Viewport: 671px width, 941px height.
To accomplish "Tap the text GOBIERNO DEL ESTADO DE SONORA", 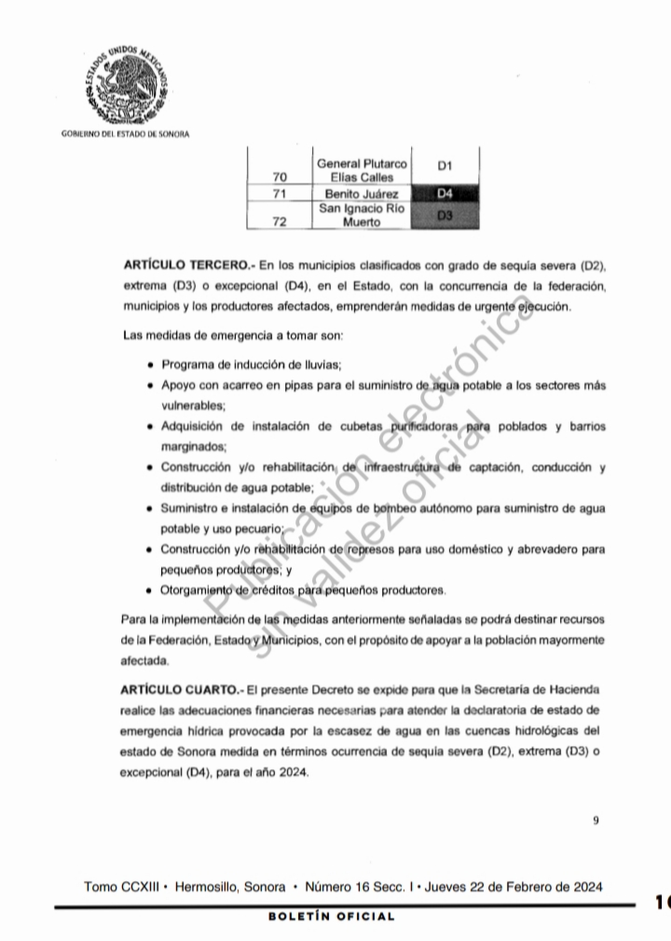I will (124, 133).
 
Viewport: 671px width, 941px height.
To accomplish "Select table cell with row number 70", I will (280, 177).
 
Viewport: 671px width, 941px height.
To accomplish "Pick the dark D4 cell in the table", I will (445, 194).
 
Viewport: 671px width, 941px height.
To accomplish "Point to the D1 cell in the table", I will (445, 166).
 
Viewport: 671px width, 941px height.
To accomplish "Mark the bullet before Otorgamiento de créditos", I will (151, 590).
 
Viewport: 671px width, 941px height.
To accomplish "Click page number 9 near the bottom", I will (595, 821).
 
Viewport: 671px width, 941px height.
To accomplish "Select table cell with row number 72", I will (280, 223).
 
